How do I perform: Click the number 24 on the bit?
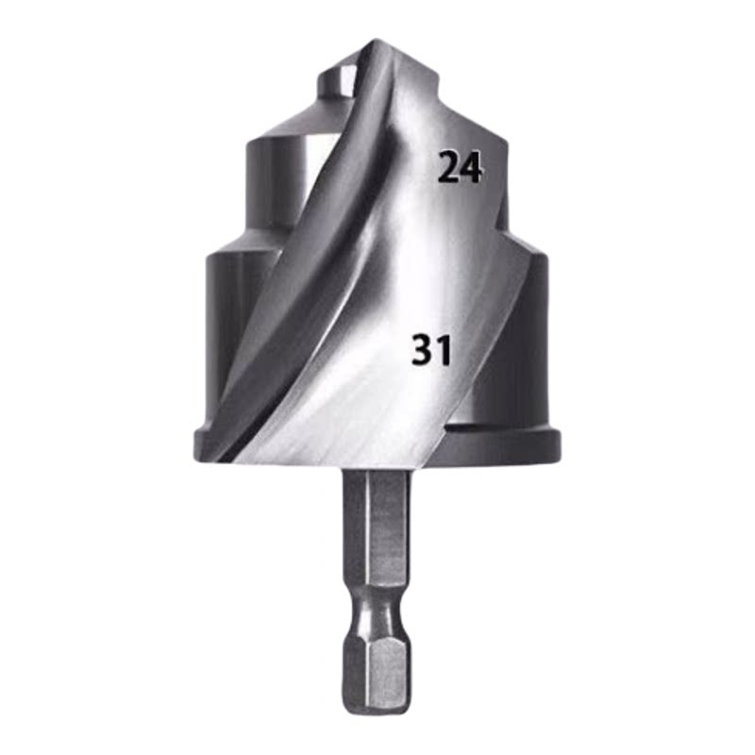pos(460,167)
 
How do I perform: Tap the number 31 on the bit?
pos(432,349)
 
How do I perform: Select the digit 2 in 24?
pos(448,167)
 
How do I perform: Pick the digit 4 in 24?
pos(470,168)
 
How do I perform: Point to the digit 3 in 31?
pos(423,349)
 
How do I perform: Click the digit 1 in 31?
pos(444,350)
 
